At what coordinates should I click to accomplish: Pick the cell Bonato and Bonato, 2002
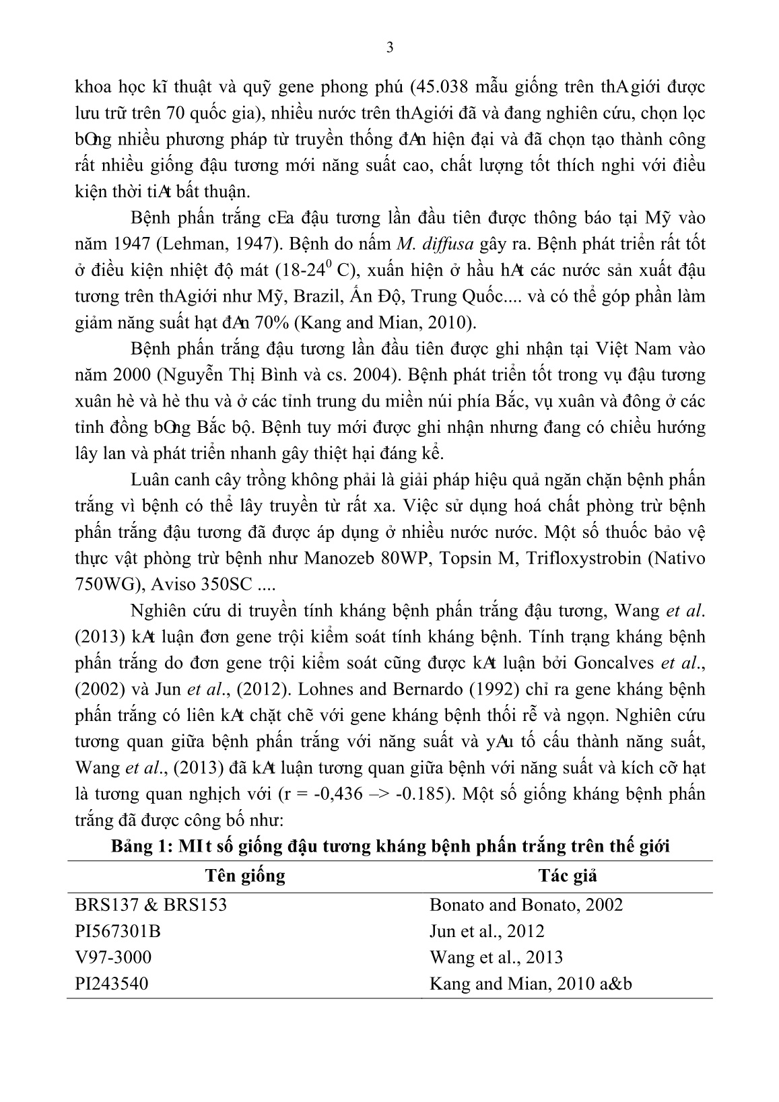pyautogui.click(x=526, y=904)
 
